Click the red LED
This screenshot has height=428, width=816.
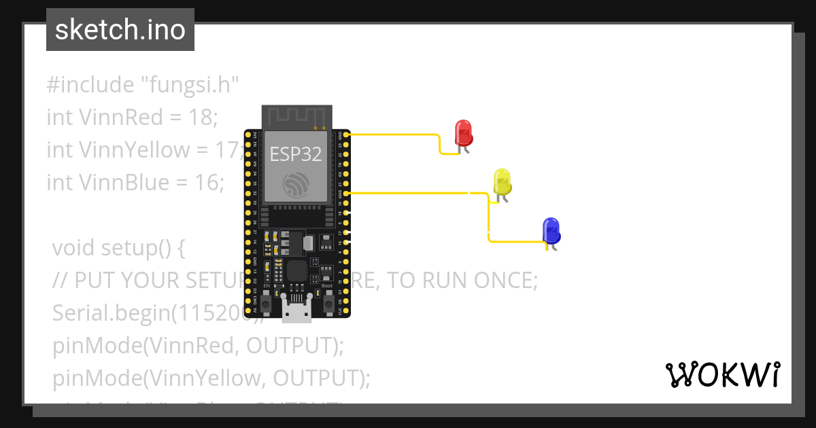point(463,132)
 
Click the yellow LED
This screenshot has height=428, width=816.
point(502,181)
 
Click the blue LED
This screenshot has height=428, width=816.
point(551,231)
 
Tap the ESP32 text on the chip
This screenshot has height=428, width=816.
point(296,154)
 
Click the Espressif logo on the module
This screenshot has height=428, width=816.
point(296,185)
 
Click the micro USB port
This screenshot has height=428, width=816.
point(296,312)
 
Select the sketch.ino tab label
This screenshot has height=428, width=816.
point(120,30)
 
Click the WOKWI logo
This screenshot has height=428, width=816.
point(722,375)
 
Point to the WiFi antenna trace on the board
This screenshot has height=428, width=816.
point(296,116)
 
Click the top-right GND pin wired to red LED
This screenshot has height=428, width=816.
point(347,135)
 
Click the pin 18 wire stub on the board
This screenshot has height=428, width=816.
point(347,213)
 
